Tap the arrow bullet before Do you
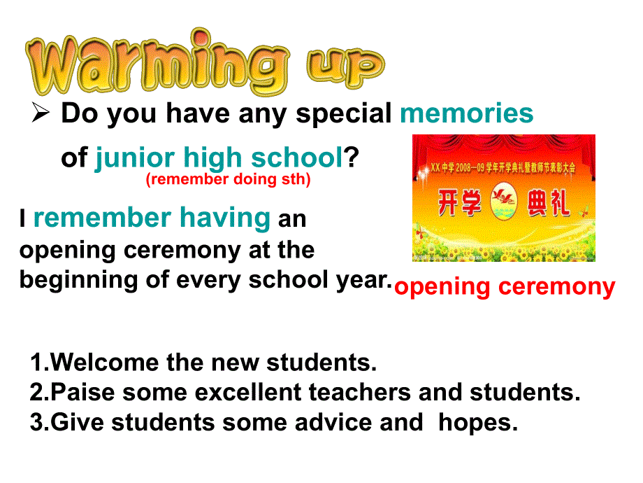click(41, 113)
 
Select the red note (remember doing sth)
click(228, 179)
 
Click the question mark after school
click(351, 157)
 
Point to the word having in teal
click(225, 218)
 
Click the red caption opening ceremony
click(505, 287)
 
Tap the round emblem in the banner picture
click(504, 202)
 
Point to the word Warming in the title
click(157, 62)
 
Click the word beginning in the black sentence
click(78, 281)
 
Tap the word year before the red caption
click(361, 281)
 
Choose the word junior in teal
click(135, 158)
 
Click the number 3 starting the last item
click(36, 422)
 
